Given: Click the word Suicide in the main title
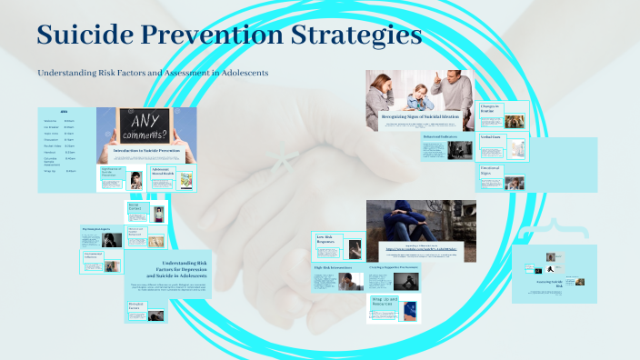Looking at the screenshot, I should [85, 36].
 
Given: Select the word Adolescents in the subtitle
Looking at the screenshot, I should [238, 73].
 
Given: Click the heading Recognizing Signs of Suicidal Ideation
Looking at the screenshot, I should [420, 116].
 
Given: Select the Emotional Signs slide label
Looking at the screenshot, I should [491, 170].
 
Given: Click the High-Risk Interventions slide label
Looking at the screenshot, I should [333, 267].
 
